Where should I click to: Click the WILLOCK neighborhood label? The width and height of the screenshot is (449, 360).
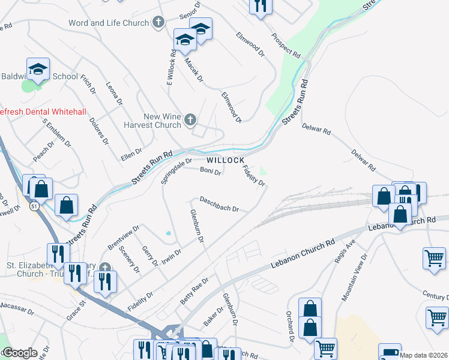226,160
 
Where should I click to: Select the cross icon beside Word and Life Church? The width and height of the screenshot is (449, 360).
158,23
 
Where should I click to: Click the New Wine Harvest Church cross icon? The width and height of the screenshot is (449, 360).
190,120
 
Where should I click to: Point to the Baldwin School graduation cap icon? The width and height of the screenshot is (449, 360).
38,69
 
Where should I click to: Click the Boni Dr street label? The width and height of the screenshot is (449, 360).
210,171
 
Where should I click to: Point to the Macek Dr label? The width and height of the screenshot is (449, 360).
194,71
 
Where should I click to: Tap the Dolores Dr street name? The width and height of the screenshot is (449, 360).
98,131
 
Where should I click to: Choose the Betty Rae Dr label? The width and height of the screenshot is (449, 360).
194,291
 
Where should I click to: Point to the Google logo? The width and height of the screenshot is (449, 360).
20,353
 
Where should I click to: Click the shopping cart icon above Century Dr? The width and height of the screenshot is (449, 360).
434,258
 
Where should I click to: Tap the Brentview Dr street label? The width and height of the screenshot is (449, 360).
123,238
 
